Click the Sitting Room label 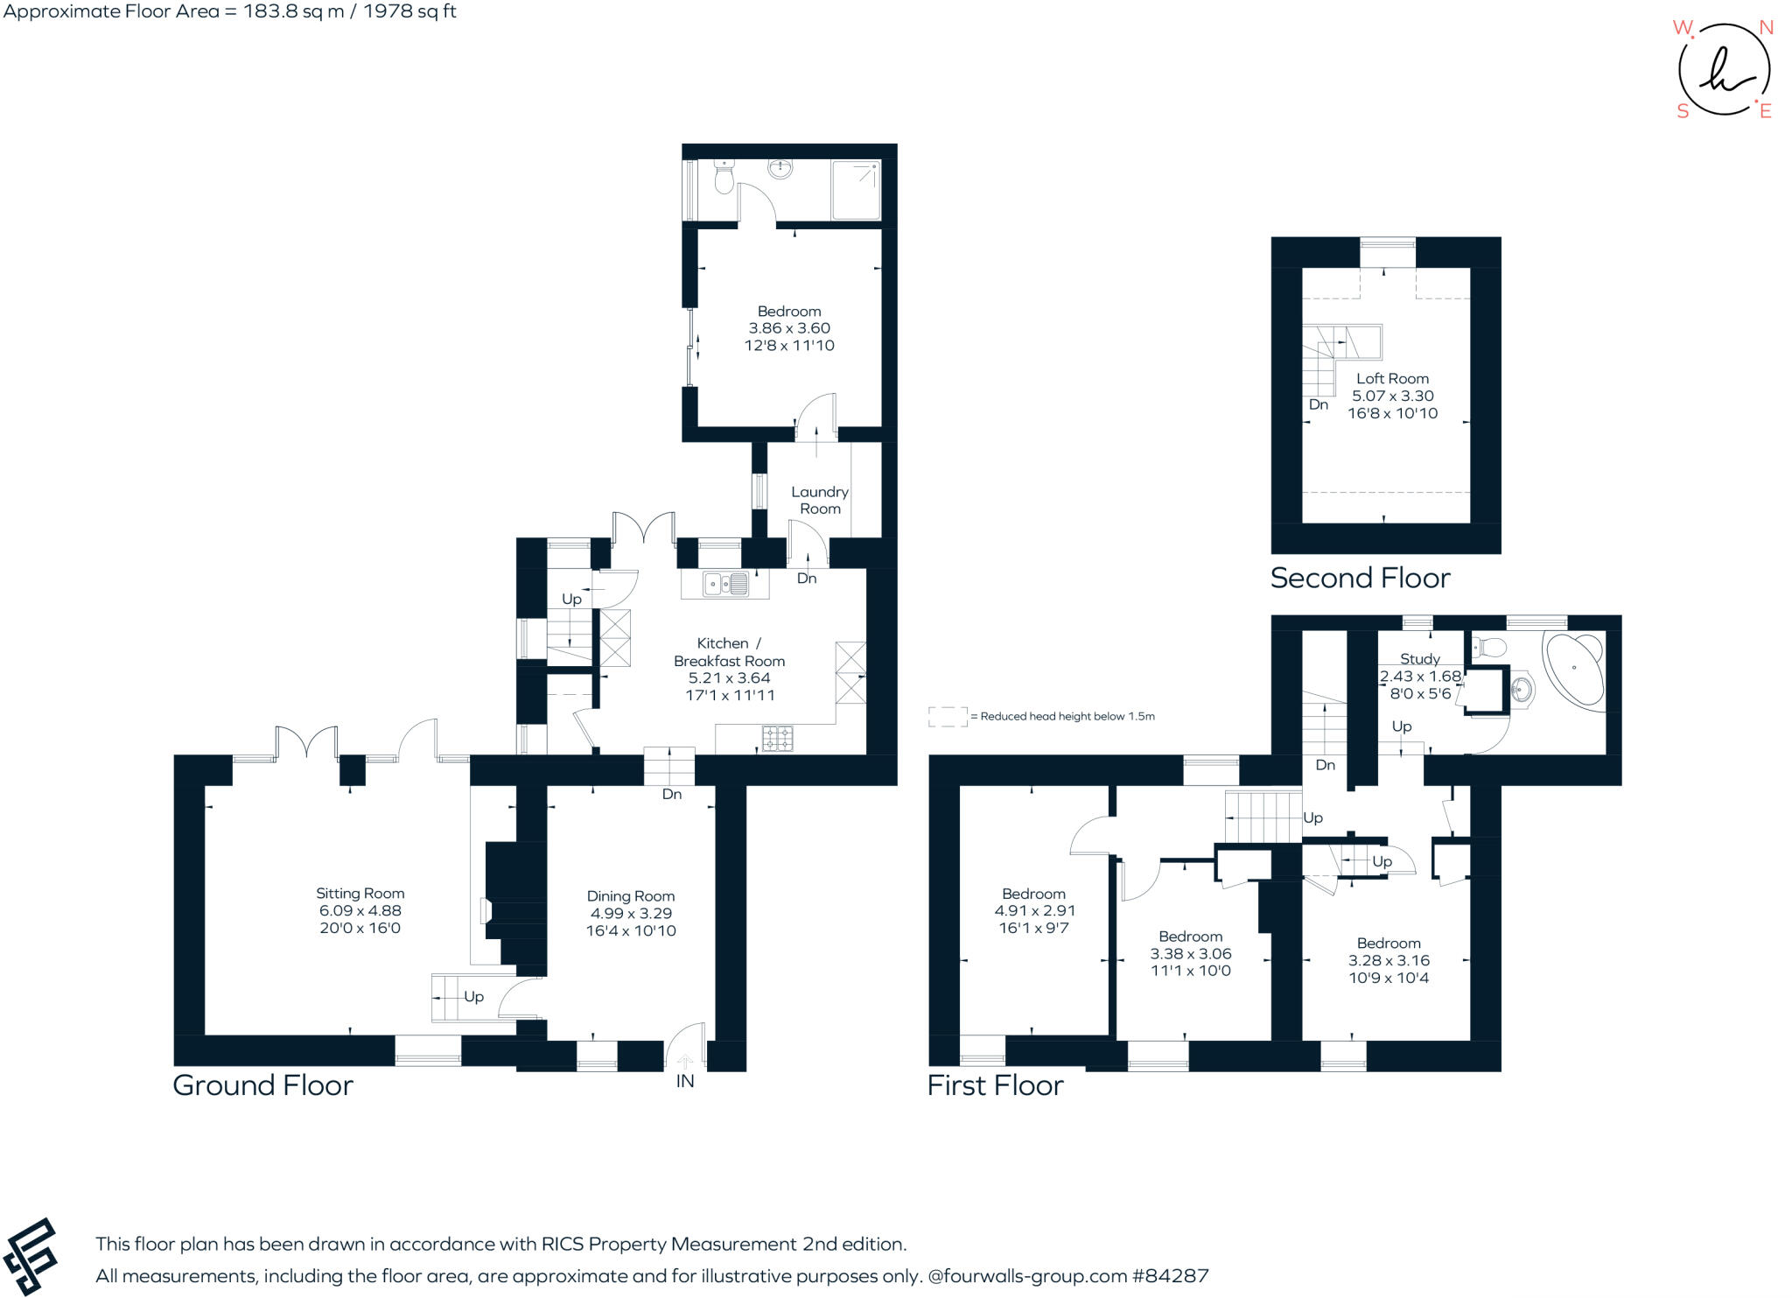(360, 894)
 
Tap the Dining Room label (630, 896)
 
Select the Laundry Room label (820, 500)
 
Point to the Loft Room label (1392, 379)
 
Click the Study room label (1419, 659)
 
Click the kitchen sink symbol (725, 583)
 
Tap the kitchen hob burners (778, 739)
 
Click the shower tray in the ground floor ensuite (855, 190)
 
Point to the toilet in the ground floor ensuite (724, 179)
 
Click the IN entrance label (684, 1082)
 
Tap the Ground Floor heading (262, 1085)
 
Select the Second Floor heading (1360, 578)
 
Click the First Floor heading (995, 1085)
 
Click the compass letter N (1766, 28)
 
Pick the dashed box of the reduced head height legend (948, 717)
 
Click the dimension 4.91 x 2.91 (1034, 911)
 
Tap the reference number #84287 (1170, 1276)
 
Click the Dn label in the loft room (1318, 405)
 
